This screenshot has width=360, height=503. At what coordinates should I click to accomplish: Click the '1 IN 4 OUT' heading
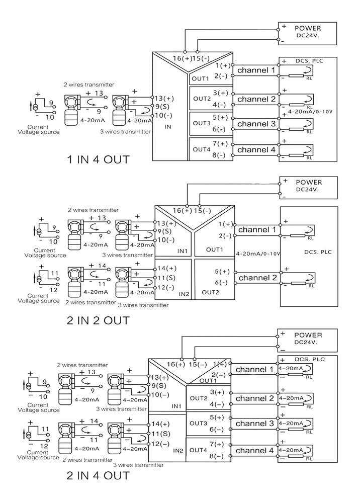(98, 159)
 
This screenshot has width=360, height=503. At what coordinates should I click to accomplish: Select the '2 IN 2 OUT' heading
(98, 320)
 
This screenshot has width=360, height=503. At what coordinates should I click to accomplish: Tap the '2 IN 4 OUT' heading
(98, 475)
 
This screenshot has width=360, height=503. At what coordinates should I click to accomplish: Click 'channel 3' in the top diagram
(256, 124)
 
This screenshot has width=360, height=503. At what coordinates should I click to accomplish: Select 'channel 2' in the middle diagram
(257, 278)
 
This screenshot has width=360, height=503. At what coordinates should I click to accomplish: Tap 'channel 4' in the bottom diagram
(254, 451)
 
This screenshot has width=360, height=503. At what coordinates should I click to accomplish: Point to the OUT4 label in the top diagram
(201, 149)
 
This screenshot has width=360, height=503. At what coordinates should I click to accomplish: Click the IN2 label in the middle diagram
(184, 294)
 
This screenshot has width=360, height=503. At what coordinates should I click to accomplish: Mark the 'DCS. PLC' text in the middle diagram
(318, 252)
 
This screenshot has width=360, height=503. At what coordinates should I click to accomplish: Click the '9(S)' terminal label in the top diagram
(162, 107)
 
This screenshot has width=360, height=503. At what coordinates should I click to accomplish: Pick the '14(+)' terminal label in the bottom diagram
(160, 424)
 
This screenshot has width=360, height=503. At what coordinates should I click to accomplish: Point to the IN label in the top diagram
(167, 127)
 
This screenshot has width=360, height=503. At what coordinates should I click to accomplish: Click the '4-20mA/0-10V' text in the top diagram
(310, 112)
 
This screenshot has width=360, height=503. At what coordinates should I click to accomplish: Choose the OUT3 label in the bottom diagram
(199, 424)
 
